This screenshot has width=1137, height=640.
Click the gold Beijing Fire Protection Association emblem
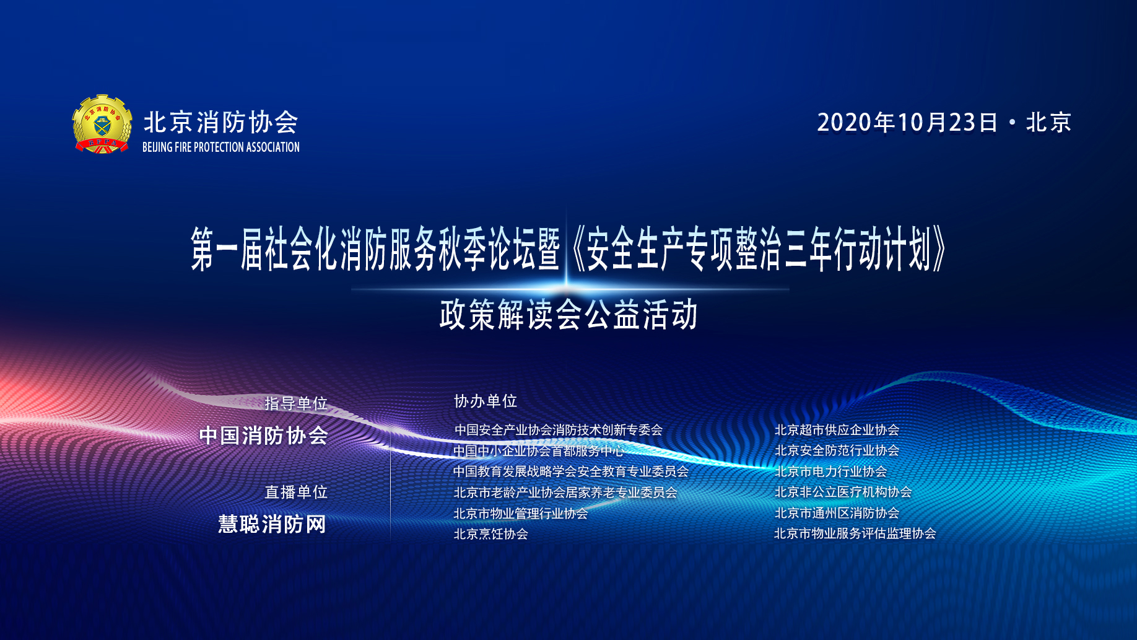(102, 124)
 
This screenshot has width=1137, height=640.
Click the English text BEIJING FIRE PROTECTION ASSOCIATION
(221, 147)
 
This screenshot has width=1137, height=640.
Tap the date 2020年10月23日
(907, 122)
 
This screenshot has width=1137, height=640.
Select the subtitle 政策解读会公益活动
(568, 315)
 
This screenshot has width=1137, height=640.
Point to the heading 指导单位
(296, 403)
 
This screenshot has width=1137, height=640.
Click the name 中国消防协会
(264, 436)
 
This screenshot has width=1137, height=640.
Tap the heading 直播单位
(296, 492)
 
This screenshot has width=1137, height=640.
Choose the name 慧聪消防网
(272, 524)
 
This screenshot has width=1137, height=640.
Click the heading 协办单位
(486, 401)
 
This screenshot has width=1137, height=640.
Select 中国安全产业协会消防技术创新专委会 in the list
(559, 429)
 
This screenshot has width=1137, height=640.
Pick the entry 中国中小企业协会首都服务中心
(539, 450)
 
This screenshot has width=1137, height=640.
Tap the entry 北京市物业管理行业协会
(521, 513)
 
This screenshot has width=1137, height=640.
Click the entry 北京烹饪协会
(491, 533)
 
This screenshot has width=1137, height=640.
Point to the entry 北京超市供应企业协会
(837, 429)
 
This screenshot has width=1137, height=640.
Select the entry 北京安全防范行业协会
(837, 450)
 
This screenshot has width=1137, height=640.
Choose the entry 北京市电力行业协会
(830, 471)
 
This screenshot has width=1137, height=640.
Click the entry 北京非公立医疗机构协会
(843, 491)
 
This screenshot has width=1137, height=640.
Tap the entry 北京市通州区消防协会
(837, 512)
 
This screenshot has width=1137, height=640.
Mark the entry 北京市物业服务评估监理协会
(855, 533)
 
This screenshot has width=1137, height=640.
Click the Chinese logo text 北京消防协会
(221, 122)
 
